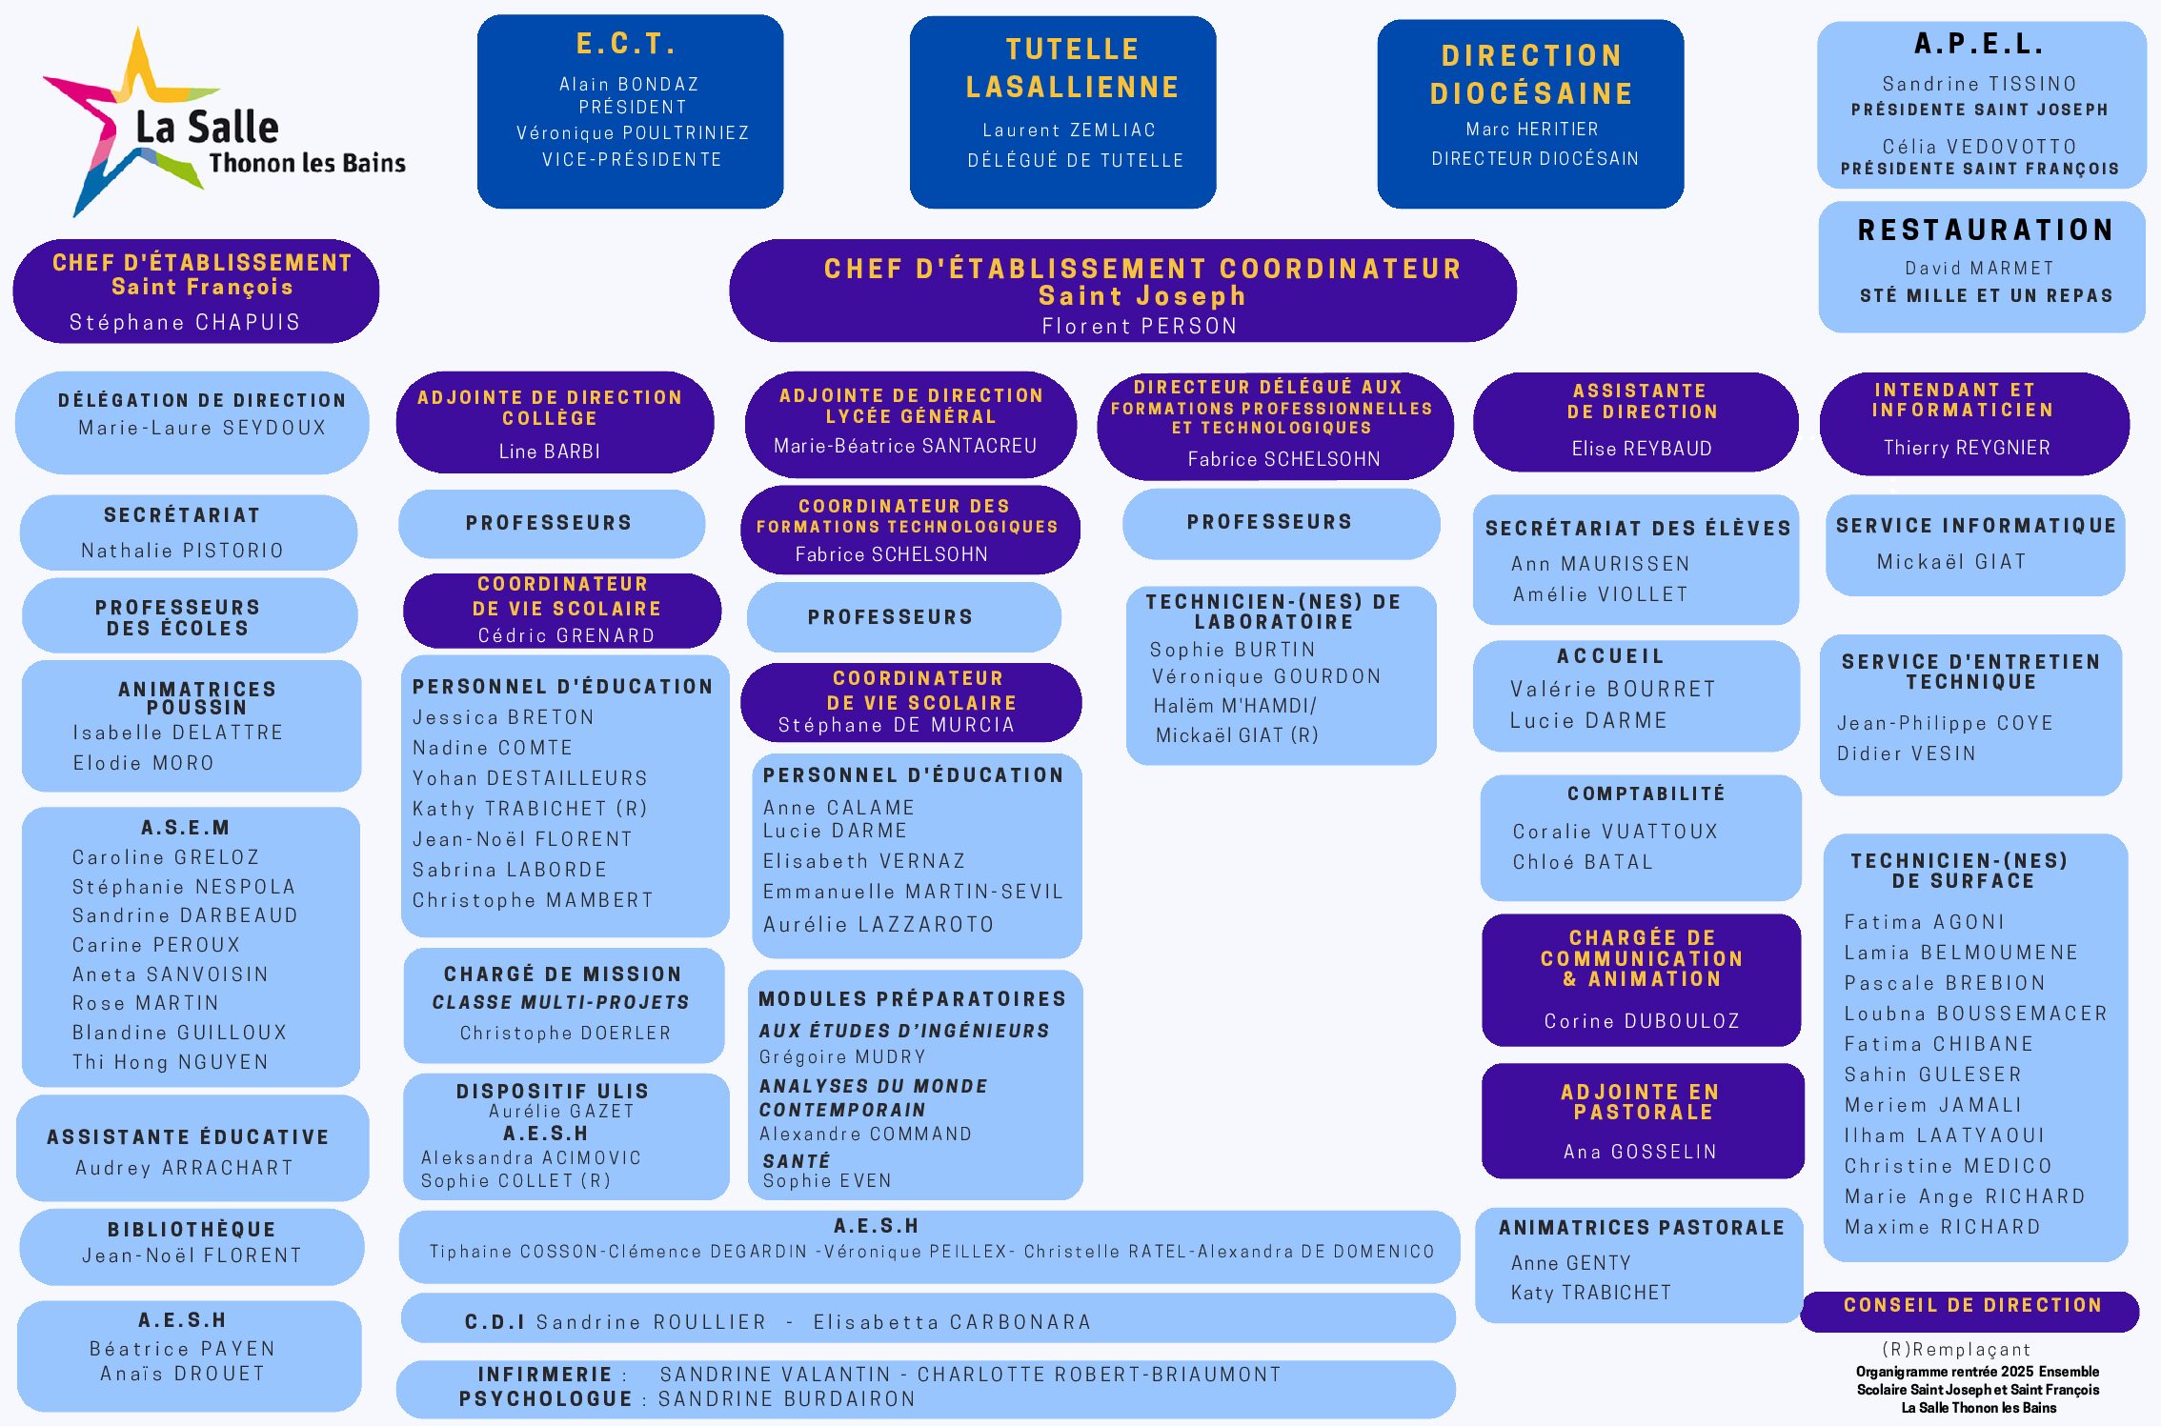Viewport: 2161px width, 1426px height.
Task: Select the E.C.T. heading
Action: (626, 44)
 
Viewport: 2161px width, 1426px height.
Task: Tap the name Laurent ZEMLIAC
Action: (1069, 131)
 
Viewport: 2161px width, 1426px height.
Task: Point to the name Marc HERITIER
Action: (1532, 130)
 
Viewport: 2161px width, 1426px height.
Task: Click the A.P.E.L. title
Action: (1980, 44)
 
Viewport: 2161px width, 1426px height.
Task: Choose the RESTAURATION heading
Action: (1986, 231)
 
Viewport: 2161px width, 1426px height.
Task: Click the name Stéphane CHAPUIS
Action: (185, 323)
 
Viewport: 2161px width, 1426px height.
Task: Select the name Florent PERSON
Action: (1140, 327)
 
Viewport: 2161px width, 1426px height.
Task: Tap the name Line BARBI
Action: (550, 452)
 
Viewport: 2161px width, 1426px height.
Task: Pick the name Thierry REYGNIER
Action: (1967, 448)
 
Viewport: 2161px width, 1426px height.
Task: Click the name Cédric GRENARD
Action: (566, 635)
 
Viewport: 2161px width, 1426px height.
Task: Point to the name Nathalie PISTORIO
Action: (182, 551)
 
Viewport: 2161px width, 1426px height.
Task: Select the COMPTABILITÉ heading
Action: (1646, 793)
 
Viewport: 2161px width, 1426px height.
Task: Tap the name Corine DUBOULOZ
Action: (1642, 1021)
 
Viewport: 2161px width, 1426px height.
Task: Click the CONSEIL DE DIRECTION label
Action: (1972, 1305)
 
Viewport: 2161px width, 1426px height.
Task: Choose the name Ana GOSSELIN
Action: (1640, 1152)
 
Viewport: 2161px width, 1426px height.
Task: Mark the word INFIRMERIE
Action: (545, 1375)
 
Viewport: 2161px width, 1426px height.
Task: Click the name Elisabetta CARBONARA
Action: (952, 1322)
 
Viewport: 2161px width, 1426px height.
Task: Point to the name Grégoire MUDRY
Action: (842, 1056)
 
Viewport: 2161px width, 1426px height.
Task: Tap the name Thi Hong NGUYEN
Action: (171, 1062)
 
